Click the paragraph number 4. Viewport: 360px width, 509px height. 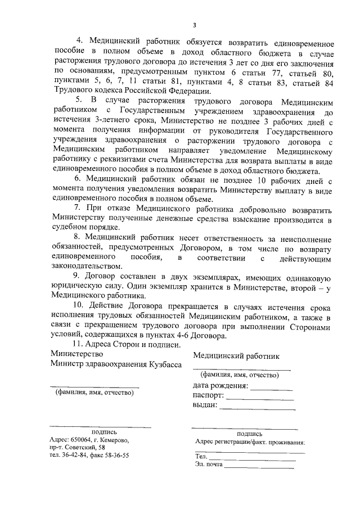coord(79,43)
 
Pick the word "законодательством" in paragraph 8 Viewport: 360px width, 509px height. coord(85,266)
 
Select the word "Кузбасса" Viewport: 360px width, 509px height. coord(165,364)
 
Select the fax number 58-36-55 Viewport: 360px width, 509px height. coord(115,456)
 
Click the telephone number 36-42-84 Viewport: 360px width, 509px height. coord(73,456)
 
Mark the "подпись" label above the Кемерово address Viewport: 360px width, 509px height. coord(93,432)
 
